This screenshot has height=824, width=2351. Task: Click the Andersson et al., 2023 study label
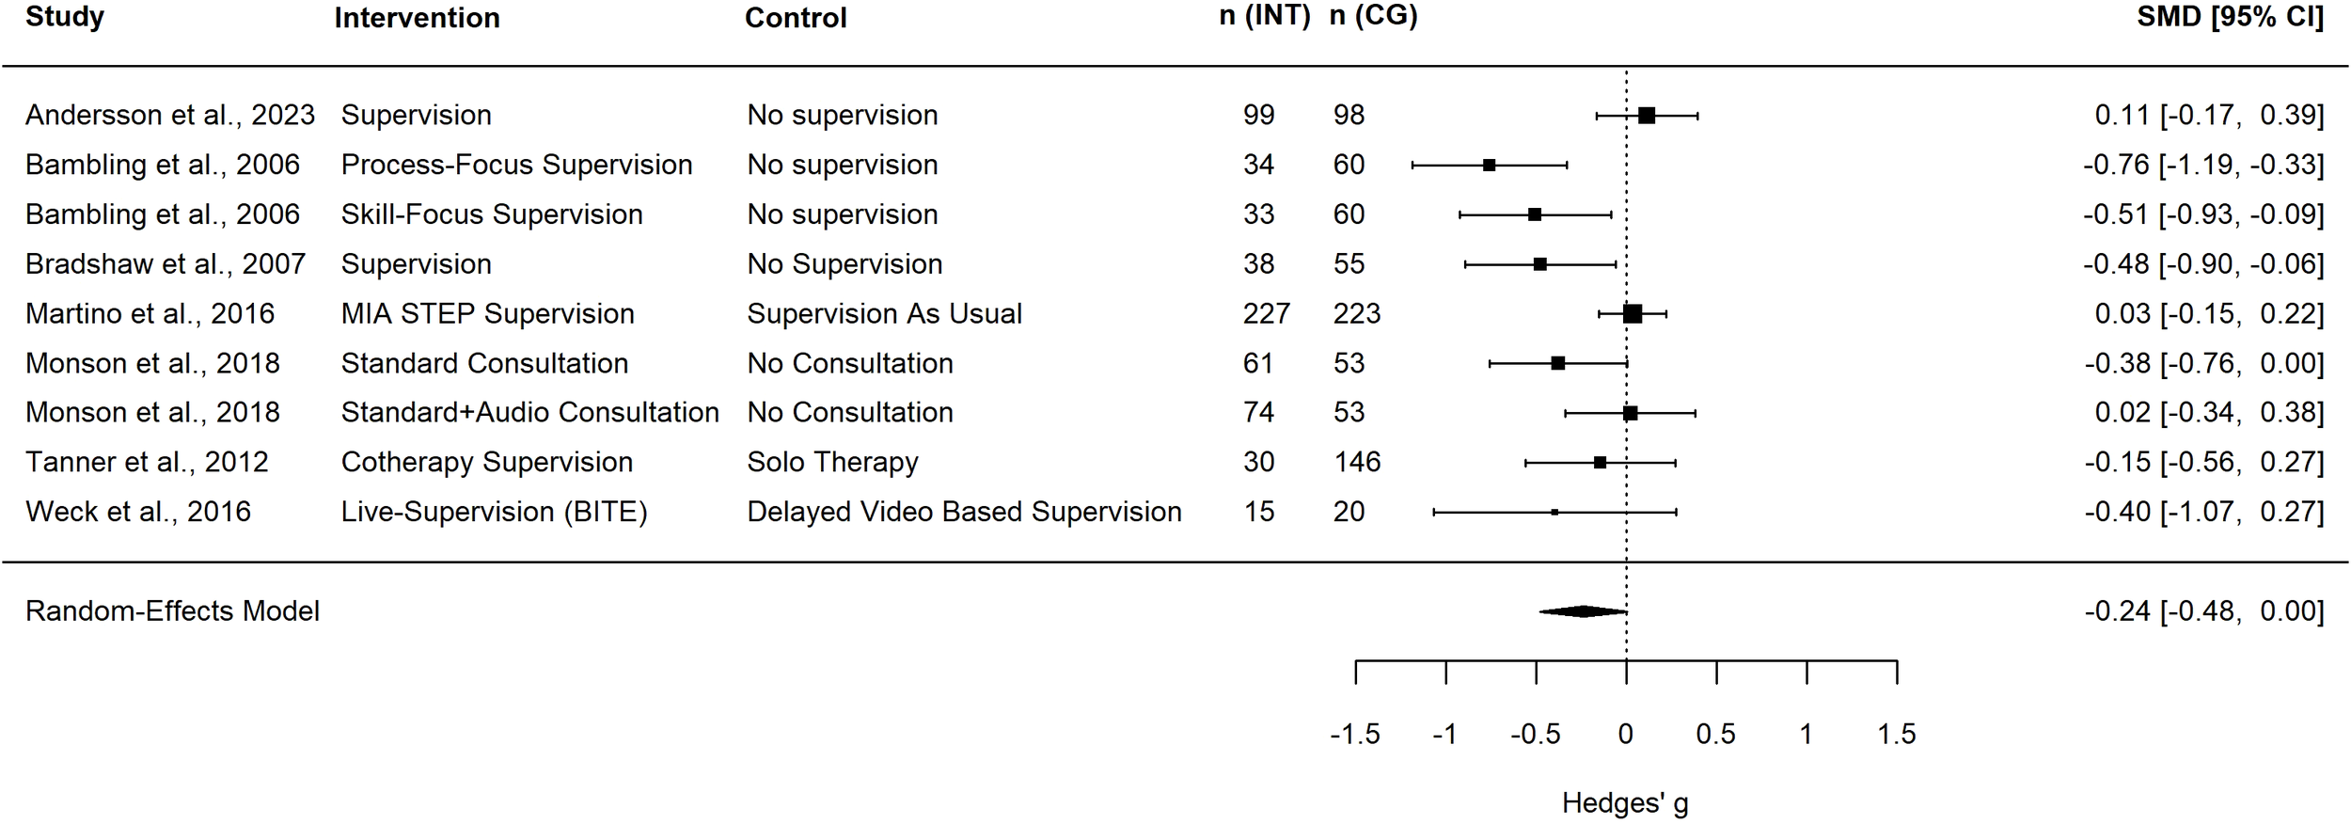pos(169,115)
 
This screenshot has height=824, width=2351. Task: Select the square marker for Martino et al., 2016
pos(1633,314)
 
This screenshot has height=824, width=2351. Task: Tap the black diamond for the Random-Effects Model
pos(1584,611)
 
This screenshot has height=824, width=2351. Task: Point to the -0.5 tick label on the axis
pos(1535,735)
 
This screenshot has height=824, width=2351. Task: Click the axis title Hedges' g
pos(1625,803)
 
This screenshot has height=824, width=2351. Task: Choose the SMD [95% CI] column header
pos(2230,17)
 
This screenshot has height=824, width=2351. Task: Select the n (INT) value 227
pos(1266,314)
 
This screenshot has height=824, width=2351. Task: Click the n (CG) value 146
pos(1356,462)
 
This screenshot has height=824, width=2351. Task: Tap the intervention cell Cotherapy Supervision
pos(486,462)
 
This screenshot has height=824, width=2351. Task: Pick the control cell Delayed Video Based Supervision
pos(964,512)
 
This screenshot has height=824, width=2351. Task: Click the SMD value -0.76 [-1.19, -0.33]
pos(2203,165)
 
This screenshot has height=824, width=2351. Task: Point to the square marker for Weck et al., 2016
pos(1554,513)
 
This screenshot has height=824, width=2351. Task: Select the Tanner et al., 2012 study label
pos(147,462)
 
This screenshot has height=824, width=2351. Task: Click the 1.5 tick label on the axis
pos(1896,735)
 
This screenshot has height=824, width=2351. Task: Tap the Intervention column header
pos(417,18)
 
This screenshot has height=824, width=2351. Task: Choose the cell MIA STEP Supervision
pos(487,314)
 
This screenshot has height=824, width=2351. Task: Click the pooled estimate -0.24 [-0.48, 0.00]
pos(2203,611)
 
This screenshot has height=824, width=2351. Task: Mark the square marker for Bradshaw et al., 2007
pos(1539,264)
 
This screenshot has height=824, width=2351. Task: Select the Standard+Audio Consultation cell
pos(529,413)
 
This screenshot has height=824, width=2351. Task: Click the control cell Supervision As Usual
pos(884,314)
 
